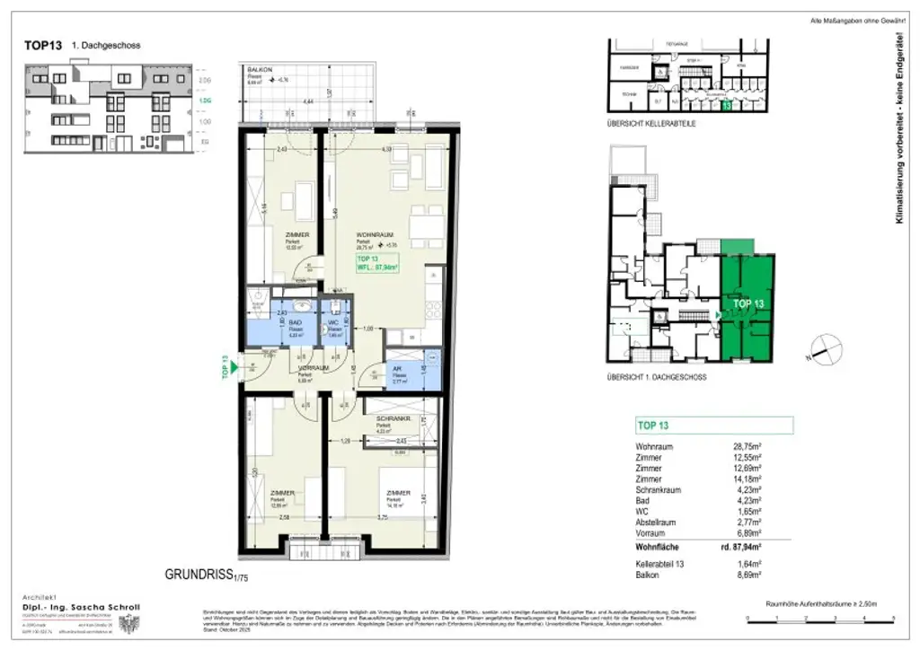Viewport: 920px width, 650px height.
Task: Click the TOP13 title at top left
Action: (42, 46)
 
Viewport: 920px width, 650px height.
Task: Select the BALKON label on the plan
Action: (260, 69)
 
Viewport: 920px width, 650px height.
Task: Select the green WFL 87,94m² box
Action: (377, 262)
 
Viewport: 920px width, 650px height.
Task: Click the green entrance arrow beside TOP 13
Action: (233, 365)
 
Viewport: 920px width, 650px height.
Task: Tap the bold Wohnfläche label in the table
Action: (663, 546)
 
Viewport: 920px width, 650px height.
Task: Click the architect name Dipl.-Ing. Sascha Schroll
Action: (80, 608)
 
